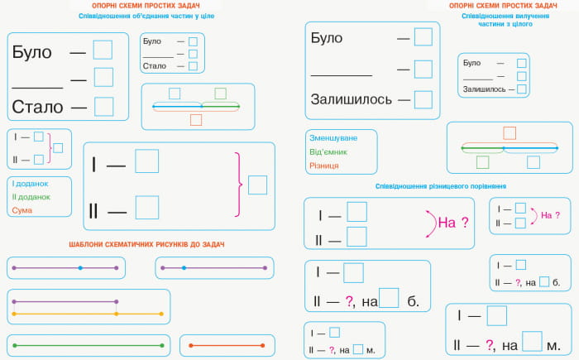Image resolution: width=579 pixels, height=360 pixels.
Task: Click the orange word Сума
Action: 22,210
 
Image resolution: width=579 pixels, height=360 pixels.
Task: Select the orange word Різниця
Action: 324,166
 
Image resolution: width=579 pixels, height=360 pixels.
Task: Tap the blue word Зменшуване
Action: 333,138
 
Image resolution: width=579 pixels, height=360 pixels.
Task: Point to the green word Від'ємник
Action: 328,151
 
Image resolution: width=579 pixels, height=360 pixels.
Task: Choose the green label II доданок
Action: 31,197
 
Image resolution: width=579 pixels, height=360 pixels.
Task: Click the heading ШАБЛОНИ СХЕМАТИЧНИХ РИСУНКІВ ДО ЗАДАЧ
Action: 146,244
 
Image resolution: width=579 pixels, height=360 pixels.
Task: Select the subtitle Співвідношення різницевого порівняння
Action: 441,186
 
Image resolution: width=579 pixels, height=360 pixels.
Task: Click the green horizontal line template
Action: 89,346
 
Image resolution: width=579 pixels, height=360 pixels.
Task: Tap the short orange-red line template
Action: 227,346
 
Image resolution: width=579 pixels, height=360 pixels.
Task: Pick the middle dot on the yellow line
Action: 117,314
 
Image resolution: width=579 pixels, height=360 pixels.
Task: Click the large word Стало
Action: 38,108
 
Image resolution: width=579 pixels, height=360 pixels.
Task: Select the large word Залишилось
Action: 352,99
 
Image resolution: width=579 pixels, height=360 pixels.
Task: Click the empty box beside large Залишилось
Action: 423,100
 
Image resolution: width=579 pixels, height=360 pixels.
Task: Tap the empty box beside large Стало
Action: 103,107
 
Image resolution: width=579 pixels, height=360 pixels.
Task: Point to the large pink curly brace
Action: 239,184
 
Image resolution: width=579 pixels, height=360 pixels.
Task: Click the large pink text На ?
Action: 453,223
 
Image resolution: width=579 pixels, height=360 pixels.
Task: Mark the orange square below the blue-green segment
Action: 196,120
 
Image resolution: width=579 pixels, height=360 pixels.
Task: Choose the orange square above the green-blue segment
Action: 510,133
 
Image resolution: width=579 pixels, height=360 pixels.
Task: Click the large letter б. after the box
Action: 414,301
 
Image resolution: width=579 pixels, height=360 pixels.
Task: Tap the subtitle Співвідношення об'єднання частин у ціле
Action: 146,16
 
